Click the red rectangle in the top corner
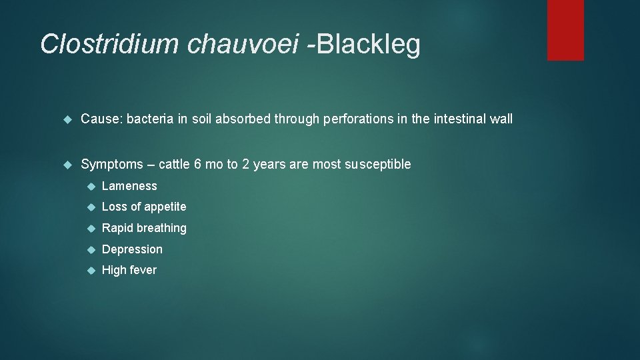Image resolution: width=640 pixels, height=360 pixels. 565,30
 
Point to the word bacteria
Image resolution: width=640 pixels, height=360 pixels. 148,119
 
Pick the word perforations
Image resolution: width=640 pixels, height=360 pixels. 357,119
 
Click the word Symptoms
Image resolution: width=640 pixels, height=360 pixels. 112,165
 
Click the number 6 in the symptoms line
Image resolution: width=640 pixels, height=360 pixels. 199,165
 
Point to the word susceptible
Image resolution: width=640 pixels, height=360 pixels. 378,165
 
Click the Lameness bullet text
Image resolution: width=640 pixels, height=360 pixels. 129,187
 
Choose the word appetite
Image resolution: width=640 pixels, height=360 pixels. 163,207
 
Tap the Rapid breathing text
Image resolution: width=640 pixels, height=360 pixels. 144,229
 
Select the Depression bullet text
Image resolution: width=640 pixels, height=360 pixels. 132,249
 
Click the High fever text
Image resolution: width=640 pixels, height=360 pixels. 129,270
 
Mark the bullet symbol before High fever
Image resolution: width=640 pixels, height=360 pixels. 91,271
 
